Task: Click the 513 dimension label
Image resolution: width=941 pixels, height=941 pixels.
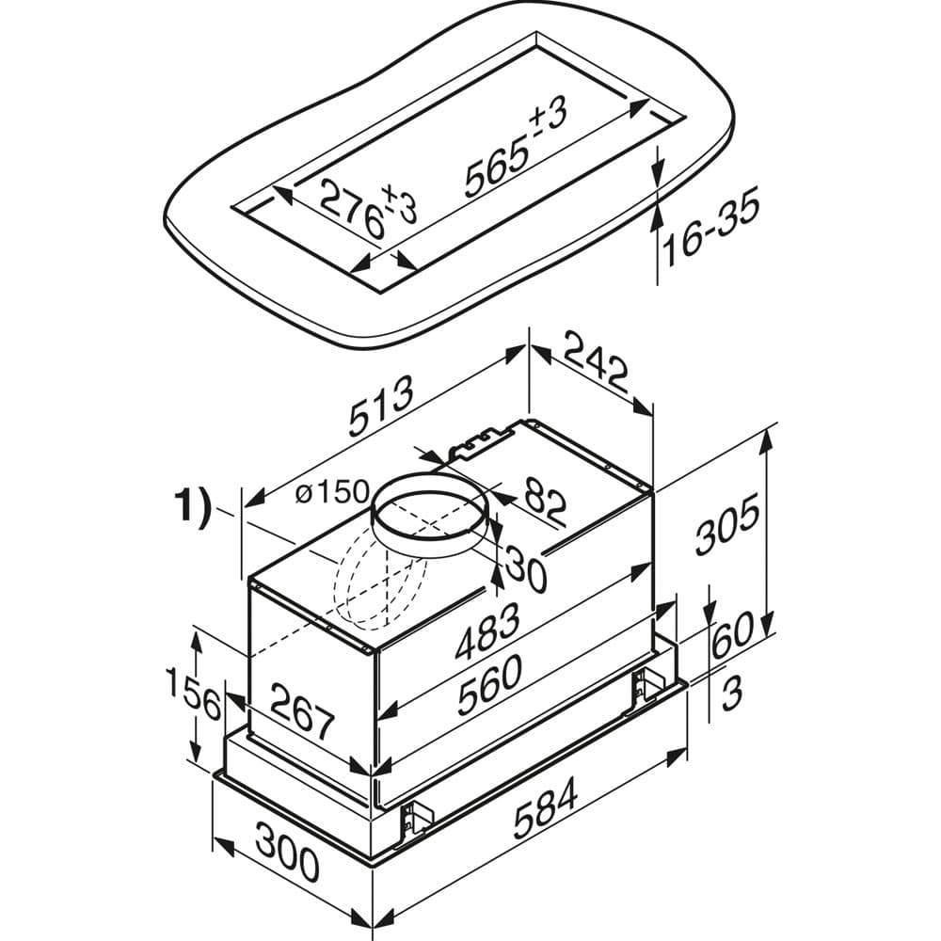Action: tap(382, 407)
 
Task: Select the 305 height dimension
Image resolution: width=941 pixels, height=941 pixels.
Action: tap(727, 523)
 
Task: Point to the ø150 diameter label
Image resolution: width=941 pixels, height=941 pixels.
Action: tap(332, 493)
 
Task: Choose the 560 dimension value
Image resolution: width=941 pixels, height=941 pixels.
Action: tap(489, 685)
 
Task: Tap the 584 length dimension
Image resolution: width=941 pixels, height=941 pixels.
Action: tap(546, 807)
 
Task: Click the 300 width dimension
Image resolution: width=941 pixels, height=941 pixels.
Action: tap(287, 852)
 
